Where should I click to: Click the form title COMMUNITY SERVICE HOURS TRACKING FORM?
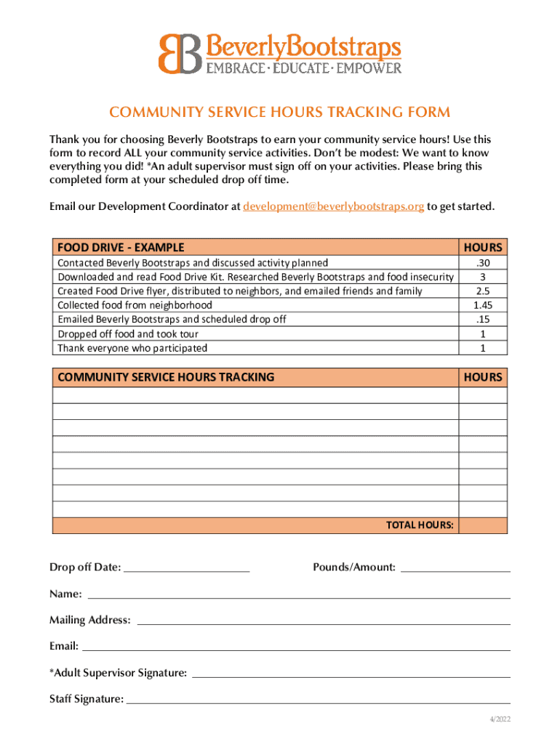tap(279, 112)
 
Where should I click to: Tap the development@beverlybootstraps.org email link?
tap(333, 206)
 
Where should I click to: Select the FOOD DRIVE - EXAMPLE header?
tap(121, 247)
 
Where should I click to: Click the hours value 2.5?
tap(482, 291)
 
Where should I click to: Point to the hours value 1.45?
tap(482, 305)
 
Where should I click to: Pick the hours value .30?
tap(482, 263)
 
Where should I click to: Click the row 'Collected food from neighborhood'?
tap(135, 305)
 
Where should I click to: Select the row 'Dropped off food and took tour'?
tap(128, 334)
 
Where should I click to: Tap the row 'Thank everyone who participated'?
tap(132, 348)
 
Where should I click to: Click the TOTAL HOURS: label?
tap(420, 525)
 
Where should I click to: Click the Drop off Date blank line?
tap(187, 568)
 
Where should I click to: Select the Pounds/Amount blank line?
tap(455, 568)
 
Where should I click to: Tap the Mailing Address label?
tap(90, 620)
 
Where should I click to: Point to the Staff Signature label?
tap(87, 699)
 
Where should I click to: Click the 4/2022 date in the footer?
tap(500, 719)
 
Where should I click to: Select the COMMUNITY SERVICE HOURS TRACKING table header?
tap(166, 377)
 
